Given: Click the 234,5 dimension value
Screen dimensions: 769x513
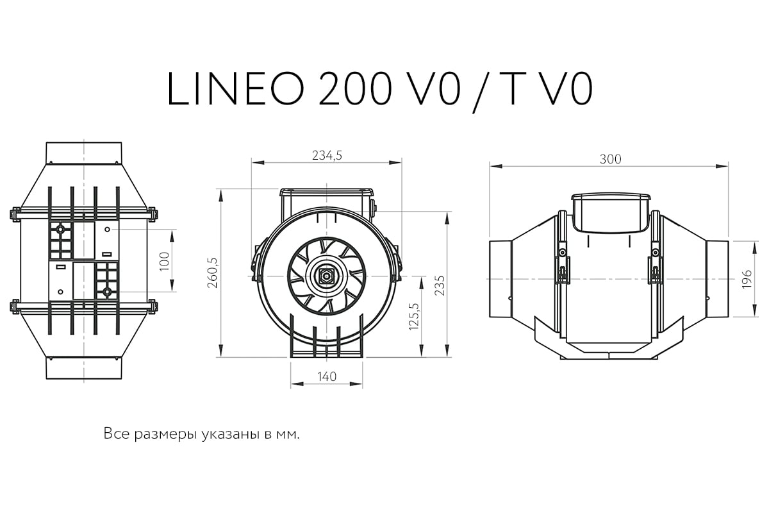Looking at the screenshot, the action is point(327,156).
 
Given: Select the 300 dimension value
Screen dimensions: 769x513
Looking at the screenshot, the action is point(610,159).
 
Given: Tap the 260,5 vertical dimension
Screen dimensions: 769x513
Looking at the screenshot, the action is point(213,273).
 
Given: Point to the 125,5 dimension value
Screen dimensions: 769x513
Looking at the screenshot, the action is point(414,317).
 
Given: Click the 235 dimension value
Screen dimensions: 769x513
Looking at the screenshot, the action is point(440,285).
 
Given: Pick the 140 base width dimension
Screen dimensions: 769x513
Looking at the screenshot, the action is point(327,376).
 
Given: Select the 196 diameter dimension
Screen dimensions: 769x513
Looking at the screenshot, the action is point(747,279).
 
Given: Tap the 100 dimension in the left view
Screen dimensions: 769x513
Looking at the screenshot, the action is point(165,261).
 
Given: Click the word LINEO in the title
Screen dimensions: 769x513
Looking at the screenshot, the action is point(236,88).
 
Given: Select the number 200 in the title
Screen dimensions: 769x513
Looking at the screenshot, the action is point(355,88).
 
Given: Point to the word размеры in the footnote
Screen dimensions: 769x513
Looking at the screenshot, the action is point(165,435).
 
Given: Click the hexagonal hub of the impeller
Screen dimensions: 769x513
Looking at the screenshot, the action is point(326,276).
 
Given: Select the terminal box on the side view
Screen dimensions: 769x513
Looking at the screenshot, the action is point(611,213).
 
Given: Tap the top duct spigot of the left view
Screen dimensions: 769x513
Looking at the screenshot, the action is point(84,153).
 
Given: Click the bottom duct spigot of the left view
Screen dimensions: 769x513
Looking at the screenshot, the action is point(84,368).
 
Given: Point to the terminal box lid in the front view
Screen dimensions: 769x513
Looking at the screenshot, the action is point(326,192).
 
